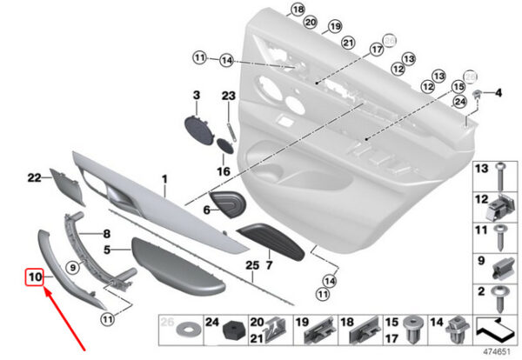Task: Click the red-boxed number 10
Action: (x=34, y=277)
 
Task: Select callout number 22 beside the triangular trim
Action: (x=35, y=178)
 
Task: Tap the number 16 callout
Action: (x=223, y=172)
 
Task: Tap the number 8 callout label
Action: (x=107, y=234)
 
